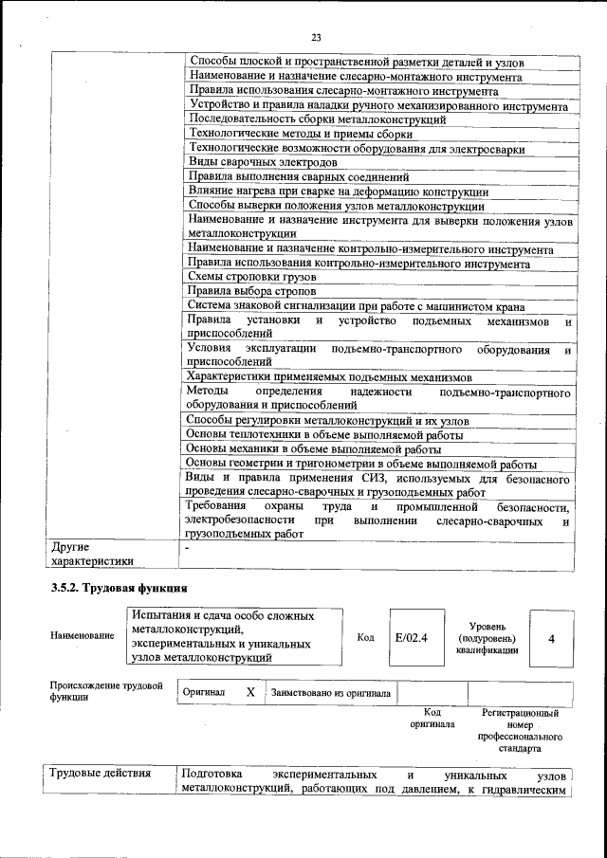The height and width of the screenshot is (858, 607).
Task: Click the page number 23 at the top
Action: (316, 37)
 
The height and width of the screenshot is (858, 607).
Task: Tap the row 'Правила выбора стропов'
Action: (250, 291)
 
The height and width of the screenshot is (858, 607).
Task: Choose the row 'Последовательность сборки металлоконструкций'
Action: (317, 119)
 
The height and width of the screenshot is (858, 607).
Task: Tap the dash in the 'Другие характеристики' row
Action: (188, 548)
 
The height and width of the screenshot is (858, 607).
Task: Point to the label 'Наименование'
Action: (83, 636)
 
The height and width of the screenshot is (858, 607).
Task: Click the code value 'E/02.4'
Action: (412, 637)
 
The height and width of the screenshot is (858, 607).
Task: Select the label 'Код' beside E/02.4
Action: (365, 637)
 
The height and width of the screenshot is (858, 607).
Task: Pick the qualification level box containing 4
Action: (551, 637)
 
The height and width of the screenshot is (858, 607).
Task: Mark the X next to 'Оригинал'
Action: (250, 693)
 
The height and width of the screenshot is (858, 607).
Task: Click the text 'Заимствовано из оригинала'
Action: (330, 693)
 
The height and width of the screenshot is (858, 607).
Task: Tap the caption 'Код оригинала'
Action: (432, 718)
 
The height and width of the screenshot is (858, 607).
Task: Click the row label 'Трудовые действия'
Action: (100, 773)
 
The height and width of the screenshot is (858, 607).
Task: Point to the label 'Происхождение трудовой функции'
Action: (105, 691)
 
